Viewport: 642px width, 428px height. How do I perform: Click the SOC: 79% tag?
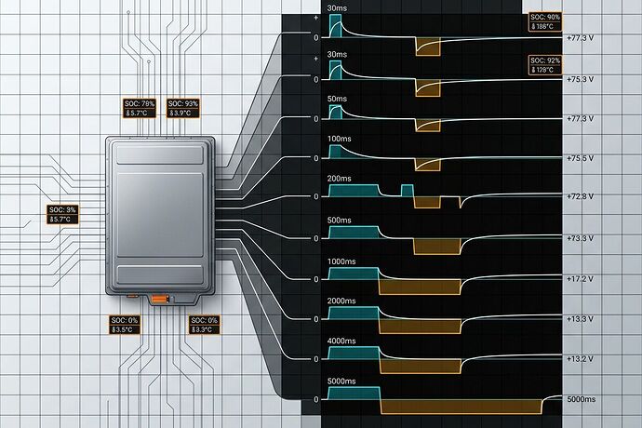point(141,108)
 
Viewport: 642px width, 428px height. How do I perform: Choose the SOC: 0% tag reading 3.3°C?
point(204,325)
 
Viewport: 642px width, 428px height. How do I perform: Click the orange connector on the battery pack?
point(160,298)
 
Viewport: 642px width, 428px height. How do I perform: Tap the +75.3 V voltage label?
point(584,80)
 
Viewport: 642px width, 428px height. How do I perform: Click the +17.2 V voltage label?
point(584,279)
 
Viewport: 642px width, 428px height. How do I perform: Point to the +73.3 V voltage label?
point(584,239)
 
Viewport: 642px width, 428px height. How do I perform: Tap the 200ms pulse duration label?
point(340,177)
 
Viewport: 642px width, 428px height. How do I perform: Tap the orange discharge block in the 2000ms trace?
point(421,326)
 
